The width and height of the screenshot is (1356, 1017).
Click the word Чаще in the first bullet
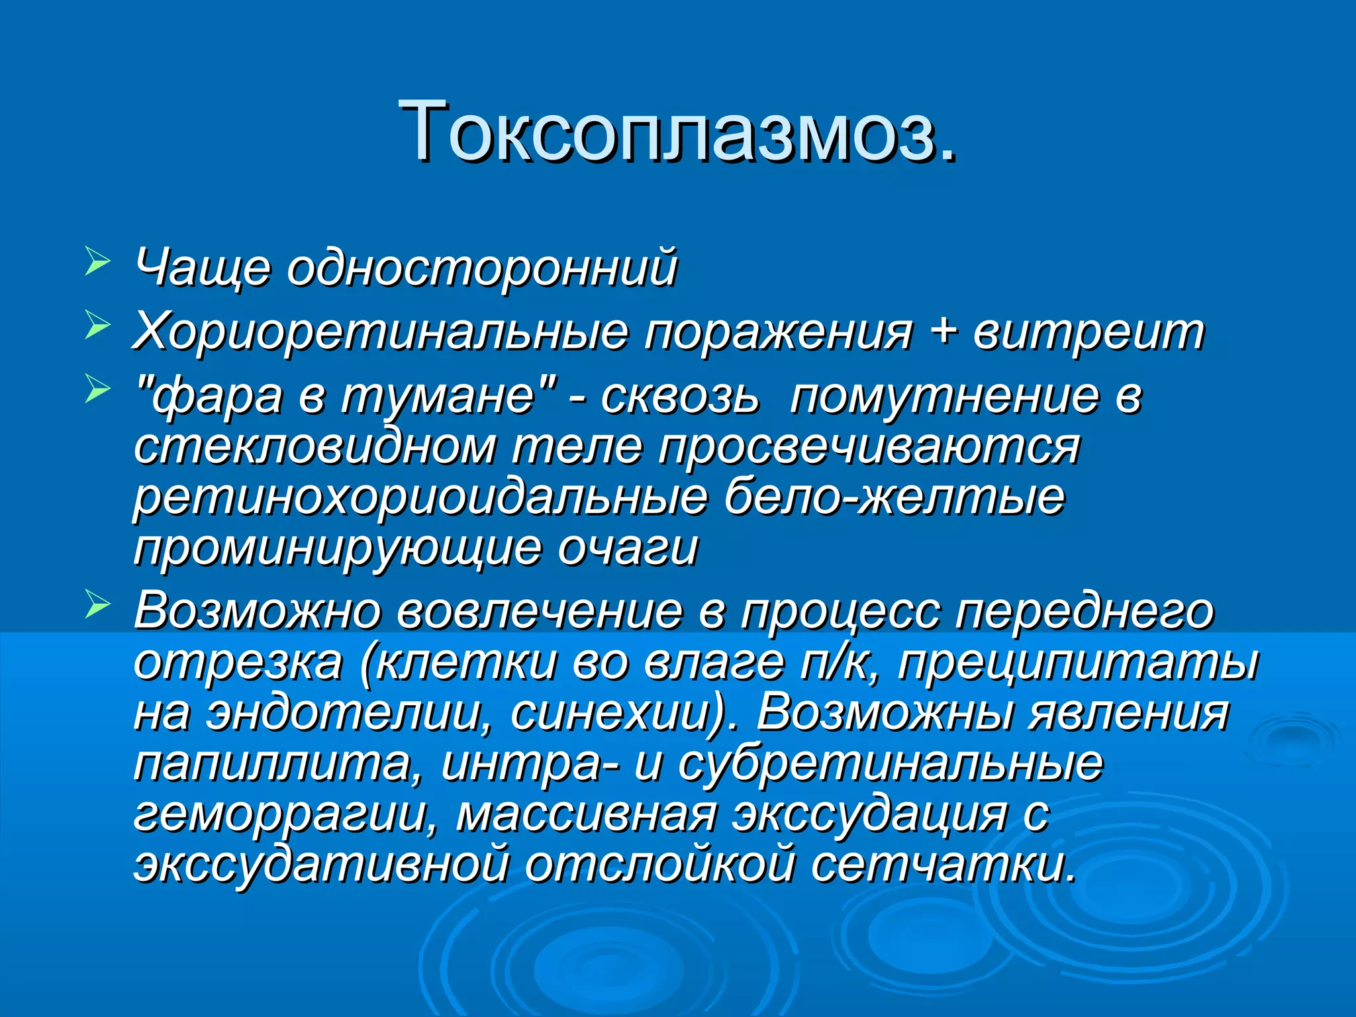(202, 267)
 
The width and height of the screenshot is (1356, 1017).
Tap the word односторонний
(482, 267)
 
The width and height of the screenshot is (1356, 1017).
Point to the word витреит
(1088, 331)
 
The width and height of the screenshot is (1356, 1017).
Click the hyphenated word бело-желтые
(894, 497)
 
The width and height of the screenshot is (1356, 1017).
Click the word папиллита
(278, 763)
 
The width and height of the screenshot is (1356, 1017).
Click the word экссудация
(869, 814)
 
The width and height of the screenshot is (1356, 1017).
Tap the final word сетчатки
(943, 864)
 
